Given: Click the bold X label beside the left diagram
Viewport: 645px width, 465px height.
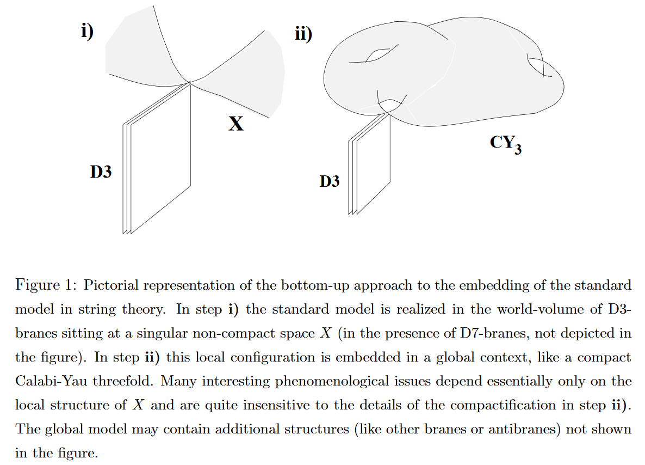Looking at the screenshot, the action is pyautogui.click(x=236, y=124).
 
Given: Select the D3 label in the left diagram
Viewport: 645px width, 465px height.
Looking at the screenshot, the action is pyautogui.click(x=101, y=172).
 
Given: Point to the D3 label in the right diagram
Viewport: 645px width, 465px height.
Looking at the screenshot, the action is pyautogui.click(x=330, y=181).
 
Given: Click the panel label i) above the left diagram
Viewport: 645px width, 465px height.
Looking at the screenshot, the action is pyautogui.click(x=87, y=31).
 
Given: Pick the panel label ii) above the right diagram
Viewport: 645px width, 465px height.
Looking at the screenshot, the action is pyautogui.click(x=303, y=34).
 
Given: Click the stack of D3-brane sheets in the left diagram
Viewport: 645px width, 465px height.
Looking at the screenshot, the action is pyautogui.click(x=157, y=158).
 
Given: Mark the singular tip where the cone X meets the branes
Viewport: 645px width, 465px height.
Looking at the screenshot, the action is pyautogui.click(x=190, y=83).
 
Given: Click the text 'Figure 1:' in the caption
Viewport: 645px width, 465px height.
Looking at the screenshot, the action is pyautogui.click(x=46, y=285).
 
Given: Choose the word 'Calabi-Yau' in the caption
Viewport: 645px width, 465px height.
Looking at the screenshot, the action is pyautogui.click(x=51, y=381).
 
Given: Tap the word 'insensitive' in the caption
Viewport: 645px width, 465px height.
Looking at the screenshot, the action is pyautogui.click(x=276, y=405).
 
